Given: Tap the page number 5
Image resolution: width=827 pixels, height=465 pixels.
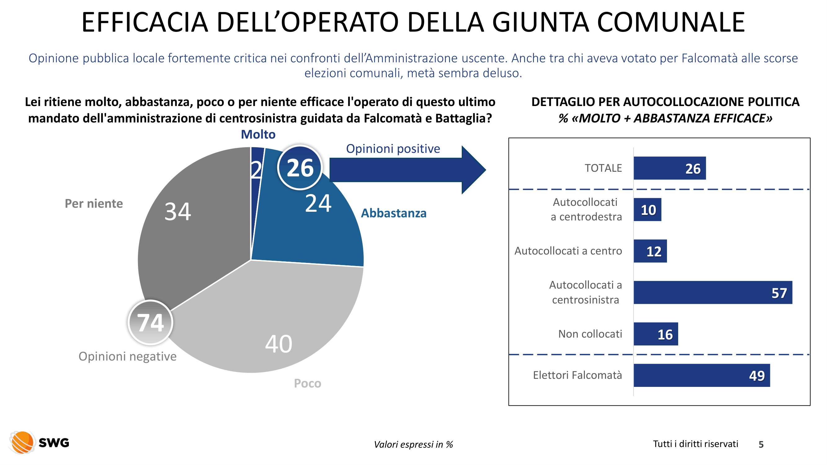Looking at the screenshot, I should (x=761, y=445).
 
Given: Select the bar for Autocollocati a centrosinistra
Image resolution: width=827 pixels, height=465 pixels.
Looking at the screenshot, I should (x=712, y=292).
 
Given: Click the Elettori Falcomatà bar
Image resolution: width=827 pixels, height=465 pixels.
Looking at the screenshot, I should (x=701, y=375).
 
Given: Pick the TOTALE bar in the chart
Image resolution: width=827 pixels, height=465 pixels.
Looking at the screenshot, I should (x=669, y=168).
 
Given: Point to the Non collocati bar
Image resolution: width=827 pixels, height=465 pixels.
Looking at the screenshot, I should (x=656, y=334).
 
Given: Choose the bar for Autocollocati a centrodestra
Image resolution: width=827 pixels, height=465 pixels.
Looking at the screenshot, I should (x=647, y=210).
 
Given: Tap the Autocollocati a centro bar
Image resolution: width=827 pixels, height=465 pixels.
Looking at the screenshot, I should (x=650, y=251).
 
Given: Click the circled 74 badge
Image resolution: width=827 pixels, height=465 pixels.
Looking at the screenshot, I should (x=150, y=322).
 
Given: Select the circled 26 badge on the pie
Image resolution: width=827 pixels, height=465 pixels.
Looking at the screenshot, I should (x=300, y=167).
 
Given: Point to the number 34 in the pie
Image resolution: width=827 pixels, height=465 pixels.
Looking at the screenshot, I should (x=178, y=211).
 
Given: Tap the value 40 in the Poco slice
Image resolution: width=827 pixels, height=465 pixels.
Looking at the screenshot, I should (x=279, y=344).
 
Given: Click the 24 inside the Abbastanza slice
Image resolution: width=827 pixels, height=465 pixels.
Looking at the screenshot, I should (x=318, y=203).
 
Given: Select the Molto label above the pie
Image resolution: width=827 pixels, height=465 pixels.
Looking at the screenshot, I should (x=258, y=134).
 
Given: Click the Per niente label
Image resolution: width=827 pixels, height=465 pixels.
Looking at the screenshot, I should (x=94, y=203).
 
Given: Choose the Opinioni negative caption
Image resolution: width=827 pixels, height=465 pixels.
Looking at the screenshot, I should (x=127, y=356).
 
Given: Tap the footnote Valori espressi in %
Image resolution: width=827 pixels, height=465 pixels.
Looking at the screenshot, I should (x=413, y=445).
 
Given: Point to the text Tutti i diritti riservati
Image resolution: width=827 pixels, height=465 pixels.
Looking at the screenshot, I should (x=696, y=444).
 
